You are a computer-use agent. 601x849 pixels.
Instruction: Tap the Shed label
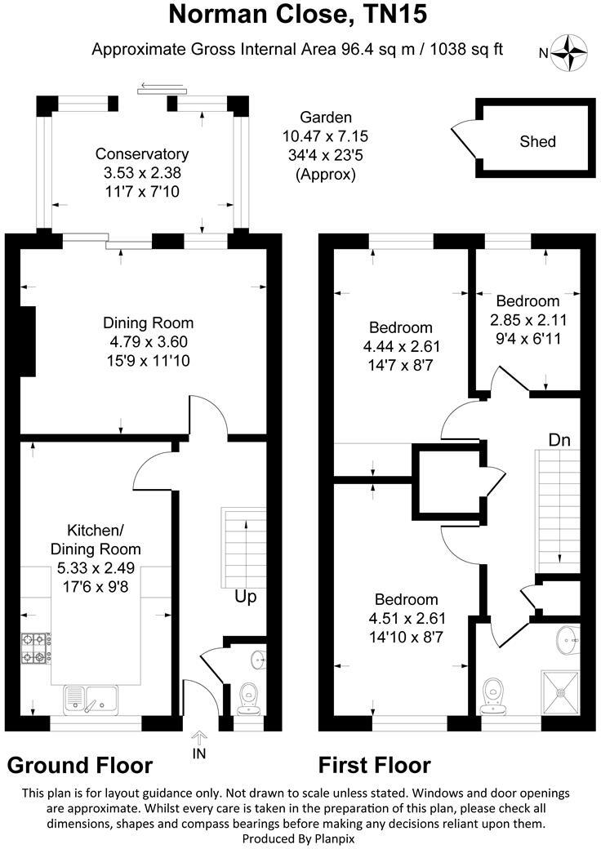(x=537, y=142)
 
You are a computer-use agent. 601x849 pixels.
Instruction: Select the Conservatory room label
(x=142, y=153)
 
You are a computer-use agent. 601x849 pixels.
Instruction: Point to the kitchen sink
(x=91, y=698)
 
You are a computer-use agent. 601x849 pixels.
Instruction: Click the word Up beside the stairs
(x=245, y=597)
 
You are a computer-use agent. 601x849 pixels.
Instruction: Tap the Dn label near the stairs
(x=559, y=440)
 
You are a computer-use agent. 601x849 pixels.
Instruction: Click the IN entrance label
(x=198, y=753)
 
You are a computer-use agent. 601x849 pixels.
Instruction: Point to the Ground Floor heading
(x=80, y=766)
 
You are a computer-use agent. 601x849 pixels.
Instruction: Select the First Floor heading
(x=374, y=766)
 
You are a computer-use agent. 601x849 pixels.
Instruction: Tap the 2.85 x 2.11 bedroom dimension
(x=528, y=319)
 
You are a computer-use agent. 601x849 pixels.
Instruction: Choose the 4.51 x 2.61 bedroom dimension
(x=407, y=618)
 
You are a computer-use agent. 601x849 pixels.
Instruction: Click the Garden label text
(x=325, y=118)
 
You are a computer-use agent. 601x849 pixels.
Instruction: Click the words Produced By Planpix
(x=299, y=838)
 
